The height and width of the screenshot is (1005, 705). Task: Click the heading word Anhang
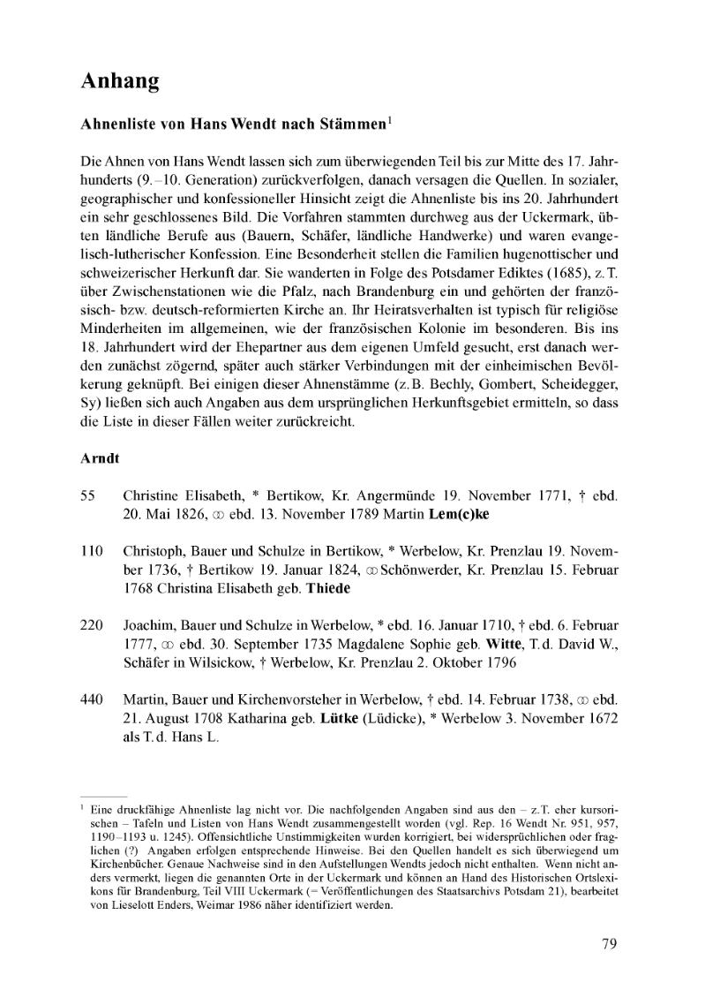[x=120, y=82]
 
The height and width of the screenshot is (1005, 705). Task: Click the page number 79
[x=609, y=944]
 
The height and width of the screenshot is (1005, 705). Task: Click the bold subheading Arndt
[x=100, y=459]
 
